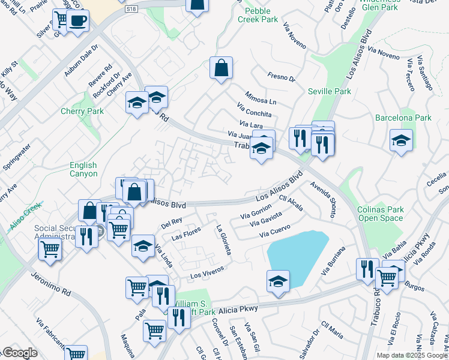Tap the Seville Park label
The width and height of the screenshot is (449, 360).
click(x=329, y=91)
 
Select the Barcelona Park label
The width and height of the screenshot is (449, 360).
click(x=403, y=118)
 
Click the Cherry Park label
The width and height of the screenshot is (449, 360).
click(x=82, y=111)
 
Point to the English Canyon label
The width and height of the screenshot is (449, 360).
click(x=83, y=169)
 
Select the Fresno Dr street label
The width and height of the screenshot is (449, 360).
click(x=282, y=77)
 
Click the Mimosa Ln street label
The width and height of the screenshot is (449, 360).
click(x=261, y=97)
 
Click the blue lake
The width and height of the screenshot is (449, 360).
click(x=297, y=255)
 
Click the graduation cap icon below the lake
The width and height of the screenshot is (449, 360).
click(x=279, y=281)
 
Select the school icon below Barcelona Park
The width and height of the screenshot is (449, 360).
click(x=401, y=140)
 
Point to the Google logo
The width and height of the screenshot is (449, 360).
click(x=19, y=353)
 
